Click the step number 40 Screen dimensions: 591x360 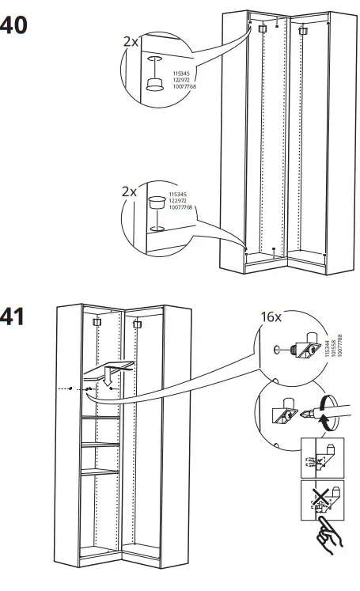tap(13, 26)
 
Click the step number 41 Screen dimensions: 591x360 tap(13, 316)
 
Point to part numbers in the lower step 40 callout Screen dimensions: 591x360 tap(180, 201)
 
